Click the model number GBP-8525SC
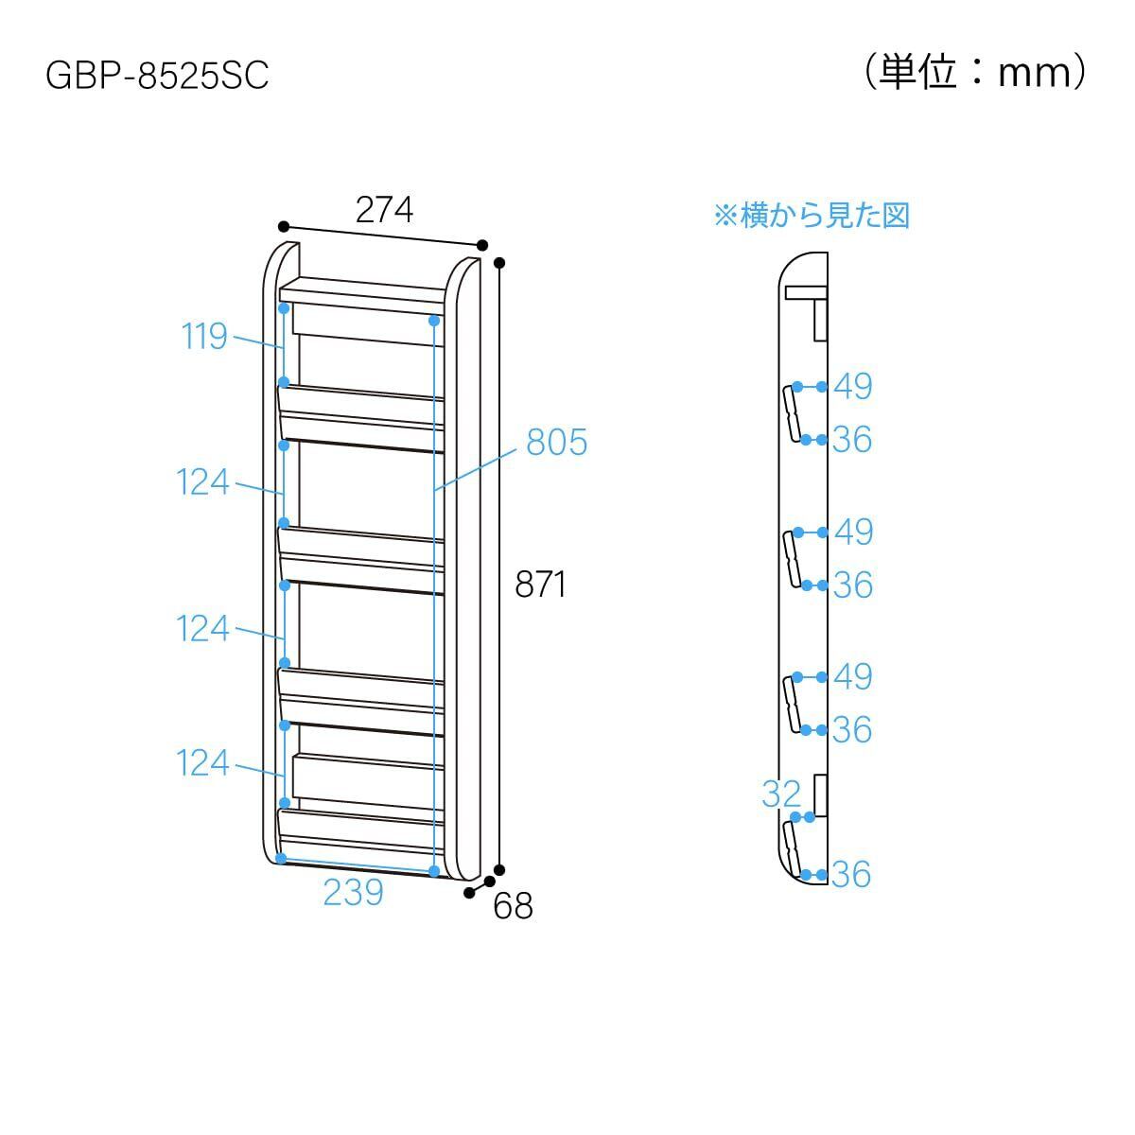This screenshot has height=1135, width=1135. pyautogui.click(x=157, y=76)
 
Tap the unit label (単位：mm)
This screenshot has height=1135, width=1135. pyautogui.click(x=975, y=72)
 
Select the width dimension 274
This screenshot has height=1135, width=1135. pyautogui.click(x=384, y=209)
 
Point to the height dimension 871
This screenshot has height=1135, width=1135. pyautogui.click(x=540, y=585)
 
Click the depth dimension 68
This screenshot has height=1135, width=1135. pyautogui.click(x=513, y=906)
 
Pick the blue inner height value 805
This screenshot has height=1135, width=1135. pyautogui.click(x=556, y=442)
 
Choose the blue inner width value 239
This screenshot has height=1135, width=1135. pyautogui.click(x=353, y=892)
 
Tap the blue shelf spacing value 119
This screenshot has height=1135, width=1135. pyautogui.click(x=204, y=336)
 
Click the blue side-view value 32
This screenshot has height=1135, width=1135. pyautogui.click(x=781, y=794)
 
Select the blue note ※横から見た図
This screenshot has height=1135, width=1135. pyautogui.click(x=811, y=216)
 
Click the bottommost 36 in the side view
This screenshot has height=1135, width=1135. pyautogui.click(x=851, y=875)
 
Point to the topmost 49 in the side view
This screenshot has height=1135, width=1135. pyautogui.click(x=852, y=386)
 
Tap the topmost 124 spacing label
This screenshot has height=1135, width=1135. pyautogui.click(x=203, y=482)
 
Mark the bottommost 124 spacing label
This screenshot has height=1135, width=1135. pyautogui.click(x=203, y=762)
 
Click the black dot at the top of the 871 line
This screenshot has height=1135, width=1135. pyautogui.click(x=499, y=262)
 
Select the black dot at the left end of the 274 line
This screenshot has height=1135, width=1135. pyautogui.click(x=283, y=227)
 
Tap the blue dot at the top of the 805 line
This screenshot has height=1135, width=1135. pyautogui.click(x=434, y=321)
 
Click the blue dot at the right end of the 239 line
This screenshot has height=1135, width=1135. pyautogui.click(x=434, y=870)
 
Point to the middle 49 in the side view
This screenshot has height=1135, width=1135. pyautogui.click(x=852, y=532)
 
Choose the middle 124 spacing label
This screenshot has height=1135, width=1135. pyautogui.click(x=203, y=628)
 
